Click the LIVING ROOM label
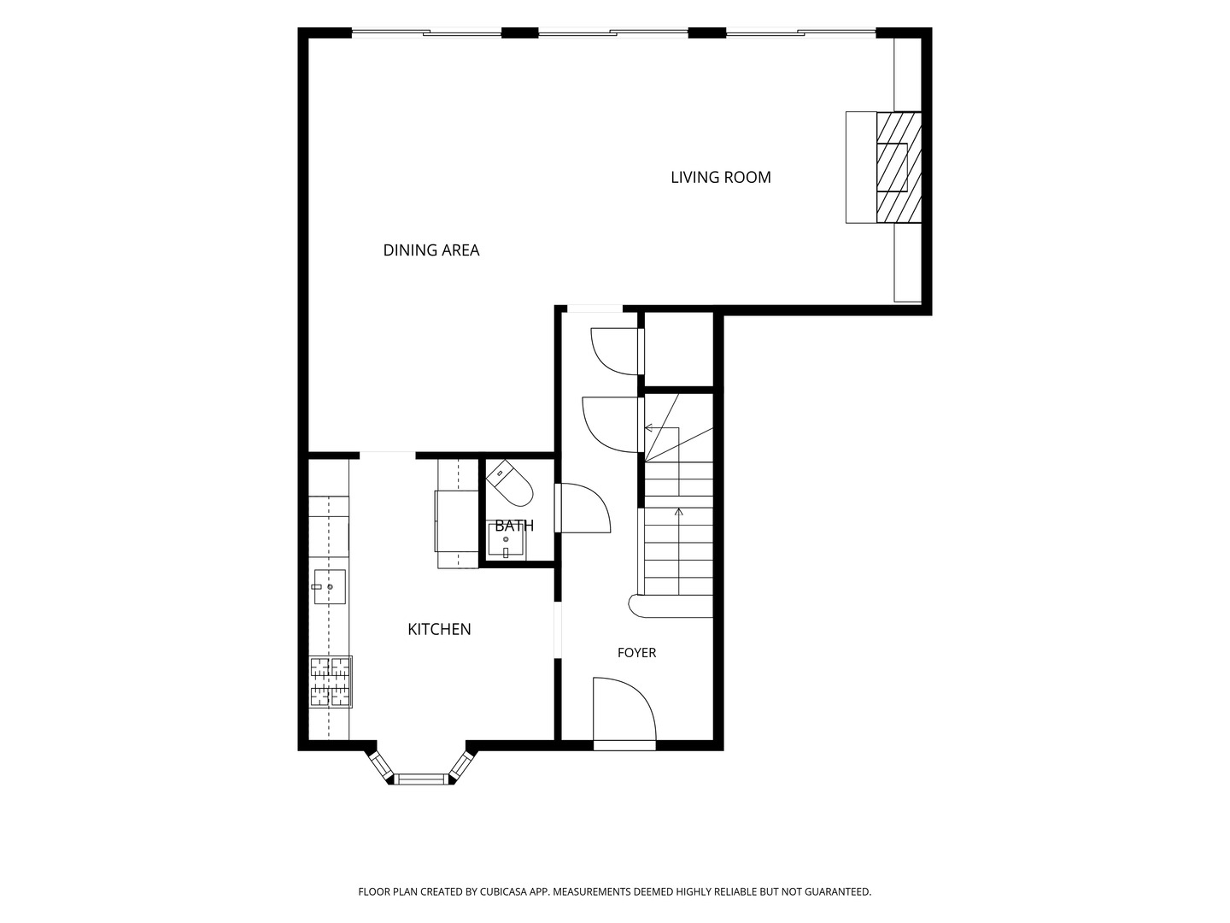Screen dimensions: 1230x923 (721, 177)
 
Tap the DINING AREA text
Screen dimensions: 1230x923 (430, 250)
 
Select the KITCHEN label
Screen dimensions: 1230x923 (439, 629)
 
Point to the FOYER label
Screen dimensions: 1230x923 (636, 652)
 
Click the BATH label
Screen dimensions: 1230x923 (514, 526)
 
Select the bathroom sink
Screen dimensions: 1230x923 (506, 541)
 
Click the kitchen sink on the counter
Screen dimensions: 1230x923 (330, 587)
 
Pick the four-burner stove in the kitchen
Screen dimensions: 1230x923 (331, 682)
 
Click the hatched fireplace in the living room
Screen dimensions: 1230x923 (899, 168)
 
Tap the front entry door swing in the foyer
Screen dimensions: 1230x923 (624, 708)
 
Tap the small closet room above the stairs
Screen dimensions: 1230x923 (678, 350)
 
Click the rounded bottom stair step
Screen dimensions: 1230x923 (671, 607)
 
